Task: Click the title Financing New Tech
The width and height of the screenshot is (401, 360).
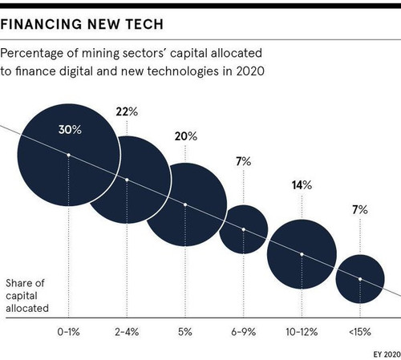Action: [82, 24]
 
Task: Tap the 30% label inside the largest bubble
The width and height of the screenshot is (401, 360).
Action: [70, 130]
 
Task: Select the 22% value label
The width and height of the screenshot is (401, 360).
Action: [127, 111]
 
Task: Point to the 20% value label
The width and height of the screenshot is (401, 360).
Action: [186, 136]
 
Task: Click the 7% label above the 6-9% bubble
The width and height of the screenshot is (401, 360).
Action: [244, 161]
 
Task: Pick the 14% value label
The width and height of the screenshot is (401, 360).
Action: [302, 185]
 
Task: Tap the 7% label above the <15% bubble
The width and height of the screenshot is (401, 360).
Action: [360, 210]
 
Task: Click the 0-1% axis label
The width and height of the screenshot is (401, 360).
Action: [68, 332]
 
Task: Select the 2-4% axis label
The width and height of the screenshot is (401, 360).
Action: [127, 332]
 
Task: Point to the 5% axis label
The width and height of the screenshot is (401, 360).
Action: [185, 332]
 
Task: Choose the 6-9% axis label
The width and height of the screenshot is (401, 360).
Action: [244, 332]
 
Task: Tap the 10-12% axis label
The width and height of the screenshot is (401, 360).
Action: [302, 332]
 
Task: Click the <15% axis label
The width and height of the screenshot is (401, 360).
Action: [360, 332]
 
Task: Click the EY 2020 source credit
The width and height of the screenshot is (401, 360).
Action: [387, 354]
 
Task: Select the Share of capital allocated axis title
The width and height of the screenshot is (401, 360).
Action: [27, 296]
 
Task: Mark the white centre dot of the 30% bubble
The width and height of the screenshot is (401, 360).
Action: [68, 155]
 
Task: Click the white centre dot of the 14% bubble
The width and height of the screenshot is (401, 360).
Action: [302, 254]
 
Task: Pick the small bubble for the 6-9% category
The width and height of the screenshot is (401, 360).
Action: [244, 229]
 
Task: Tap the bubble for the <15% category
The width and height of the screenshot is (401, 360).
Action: [360, 279]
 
